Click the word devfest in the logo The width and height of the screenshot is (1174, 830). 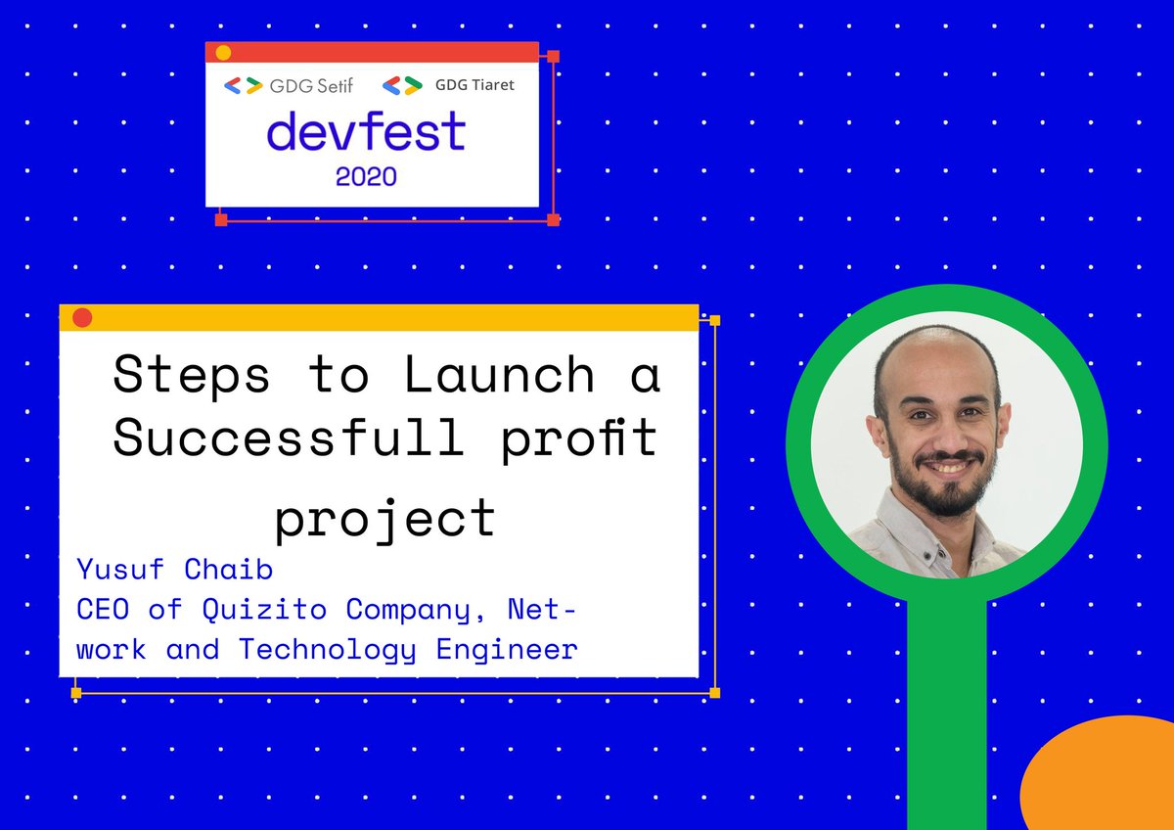366,132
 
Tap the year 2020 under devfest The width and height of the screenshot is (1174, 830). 366,177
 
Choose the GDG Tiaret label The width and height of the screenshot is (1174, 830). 474,85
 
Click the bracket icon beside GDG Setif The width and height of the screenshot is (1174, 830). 243,85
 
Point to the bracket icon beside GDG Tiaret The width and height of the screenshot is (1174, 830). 402,85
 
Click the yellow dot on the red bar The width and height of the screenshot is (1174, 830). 223,53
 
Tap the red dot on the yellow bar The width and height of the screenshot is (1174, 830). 82,317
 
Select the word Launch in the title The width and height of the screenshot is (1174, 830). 500,375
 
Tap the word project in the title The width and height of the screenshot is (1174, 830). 384,518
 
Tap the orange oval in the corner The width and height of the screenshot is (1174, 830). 1101,778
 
